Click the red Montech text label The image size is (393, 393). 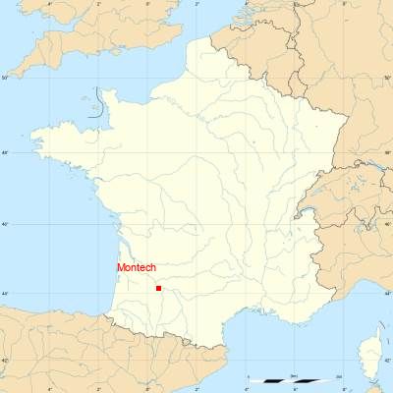click(137, 267)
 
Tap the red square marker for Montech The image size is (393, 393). click(158, 288)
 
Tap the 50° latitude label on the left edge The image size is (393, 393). click(4, 77)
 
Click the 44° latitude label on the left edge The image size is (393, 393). click(4, 294)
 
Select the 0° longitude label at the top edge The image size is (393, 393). click(148, 3)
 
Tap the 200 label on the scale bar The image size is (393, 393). click(339, 375)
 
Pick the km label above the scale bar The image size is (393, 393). click(294, 375)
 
